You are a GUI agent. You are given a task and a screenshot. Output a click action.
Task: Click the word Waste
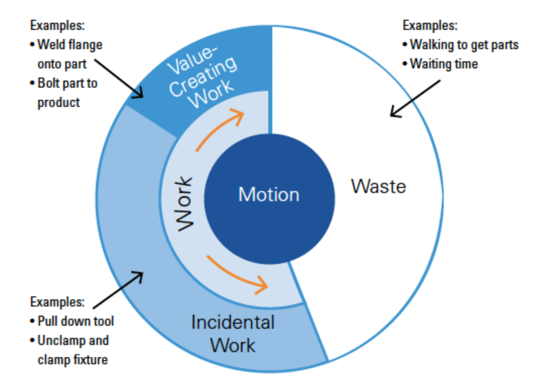(378, 186)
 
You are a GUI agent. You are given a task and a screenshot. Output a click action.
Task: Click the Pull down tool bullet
(76, 321)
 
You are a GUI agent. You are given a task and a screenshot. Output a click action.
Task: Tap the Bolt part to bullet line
(67, 83)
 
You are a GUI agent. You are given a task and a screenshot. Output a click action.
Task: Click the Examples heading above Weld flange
(57, 25)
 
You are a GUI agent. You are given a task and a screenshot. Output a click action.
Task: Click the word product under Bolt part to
(59, 102)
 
